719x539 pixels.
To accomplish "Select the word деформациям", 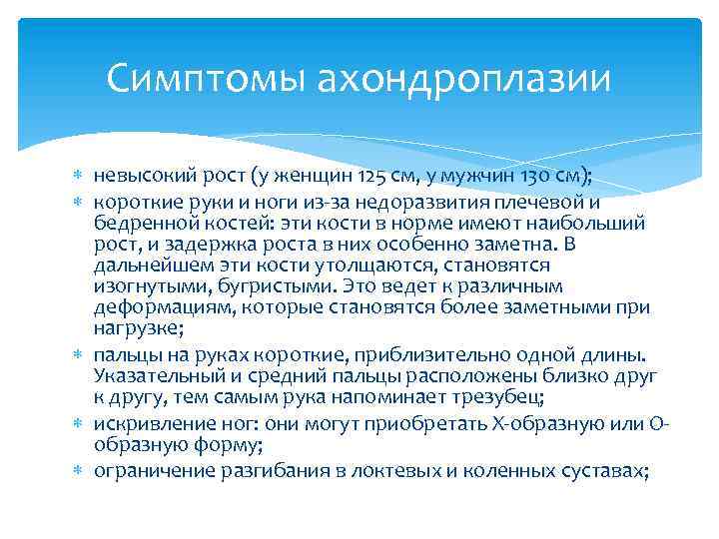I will [x=158, y=309].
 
